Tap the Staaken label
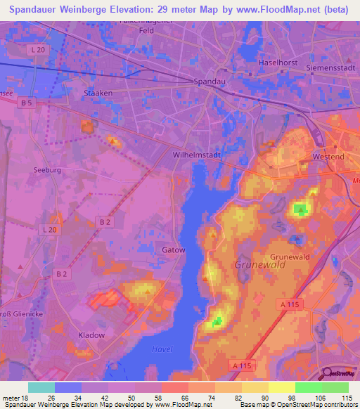[98, 93]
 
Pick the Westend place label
[327, 156]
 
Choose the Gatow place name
[173, 250]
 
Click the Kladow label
[91, 335]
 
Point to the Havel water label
[162, 349]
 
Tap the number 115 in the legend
[345, 398]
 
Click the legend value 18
[28, 398]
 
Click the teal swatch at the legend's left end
[41, 387]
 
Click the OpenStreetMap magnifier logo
[326, 375]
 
